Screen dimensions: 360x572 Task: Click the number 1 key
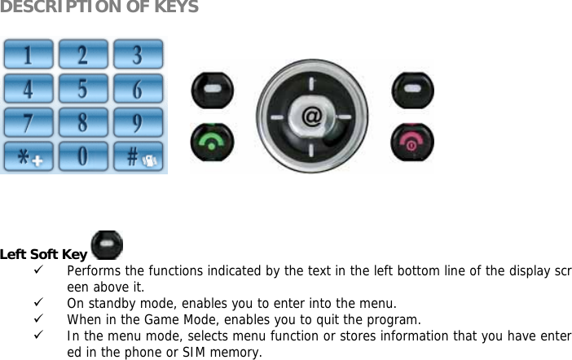pyautogui.click(x=27, y=55)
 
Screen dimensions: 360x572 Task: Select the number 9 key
pyautogui.click(x=137, y=122)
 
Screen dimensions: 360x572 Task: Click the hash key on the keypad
pyautogui.click(x=137, y=156)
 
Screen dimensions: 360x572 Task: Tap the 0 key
pyautogui.click(x=82, y=156)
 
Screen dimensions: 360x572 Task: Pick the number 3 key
pyautogui.click(x=137, y=55)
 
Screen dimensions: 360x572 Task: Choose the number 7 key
pyautogui.click(x=27, y=122)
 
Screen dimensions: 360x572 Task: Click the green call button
pyautogui.click(x=212, y=141)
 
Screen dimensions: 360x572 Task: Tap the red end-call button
pyautogui.click(x=413, y=141)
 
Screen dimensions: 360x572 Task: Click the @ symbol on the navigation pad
pyautogui.click(x=311, y=117)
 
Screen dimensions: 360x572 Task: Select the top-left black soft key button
pyautogui.click(x=212, y=89)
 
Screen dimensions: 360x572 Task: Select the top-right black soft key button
pyautogui.click(x=413, y=89)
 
